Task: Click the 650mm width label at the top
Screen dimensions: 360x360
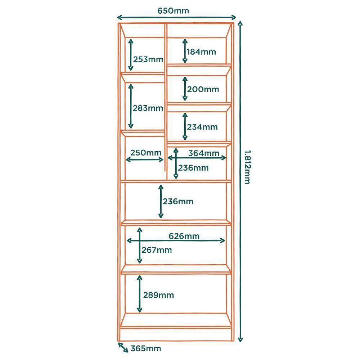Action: [173, 10]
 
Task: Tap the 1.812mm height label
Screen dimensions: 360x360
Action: [247, 167]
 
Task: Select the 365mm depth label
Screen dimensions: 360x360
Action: [145, 348]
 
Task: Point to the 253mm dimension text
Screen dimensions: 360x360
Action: [148, 59]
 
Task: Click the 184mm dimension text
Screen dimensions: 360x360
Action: [202, 52]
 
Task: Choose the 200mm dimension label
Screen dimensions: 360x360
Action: [204, 89]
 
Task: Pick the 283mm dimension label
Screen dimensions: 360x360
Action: [148, 108]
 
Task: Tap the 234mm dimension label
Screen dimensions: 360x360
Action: [203, 127]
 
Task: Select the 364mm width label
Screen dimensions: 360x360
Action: [203, 153]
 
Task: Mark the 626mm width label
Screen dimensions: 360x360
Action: [184, 236]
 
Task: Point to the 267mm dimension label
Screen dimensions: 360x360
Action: [157, 250]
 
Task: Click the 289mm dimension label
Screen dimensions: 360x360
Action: [158, 295]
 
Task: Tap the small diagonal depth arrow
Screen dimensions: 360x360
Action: [123, 348]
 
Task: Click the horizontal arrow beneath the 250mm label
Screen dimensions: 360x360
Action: [145, 159]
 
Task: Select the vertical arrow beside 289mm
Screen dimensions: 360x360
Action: [139, 294]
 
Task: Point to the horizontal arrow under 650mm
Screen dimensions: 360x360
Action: [177, 17]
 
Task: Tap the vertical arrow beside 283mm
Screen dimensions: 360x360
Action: [131, 106]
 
